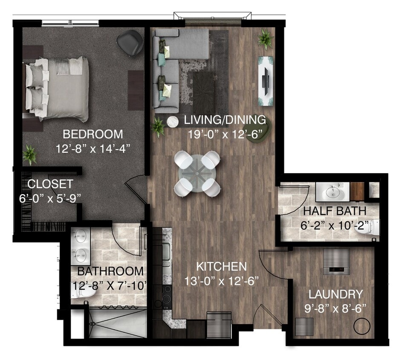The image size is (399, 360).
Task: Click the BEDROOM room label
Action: click(x=93, y=134)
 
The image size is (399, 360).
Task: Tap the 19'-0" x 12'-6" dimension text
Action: click(x=225, y=134)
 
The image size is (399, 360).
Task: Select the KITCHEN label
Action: click(x=222, y=267)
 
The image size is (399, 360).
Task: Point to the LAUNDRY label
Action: click(x=335, y=294)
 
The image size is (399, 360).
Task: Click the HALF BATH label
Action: click(x=335, y=211)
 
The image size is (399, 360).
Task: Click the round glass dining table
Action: click(x=197, y=174)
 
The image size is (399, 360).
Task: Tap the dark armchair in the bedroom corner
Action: click(x=130, y=42)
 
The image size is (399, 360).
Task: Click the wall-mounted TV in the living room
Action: click(x=266, y=81)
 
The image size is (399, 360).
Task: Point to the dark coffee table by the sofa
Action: click(x=203, y=93)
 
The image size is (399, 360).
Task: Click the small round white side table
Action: click(x=173, y=122)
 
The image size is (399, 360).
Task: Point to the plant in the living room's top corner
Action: click(x=266, y=39)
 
